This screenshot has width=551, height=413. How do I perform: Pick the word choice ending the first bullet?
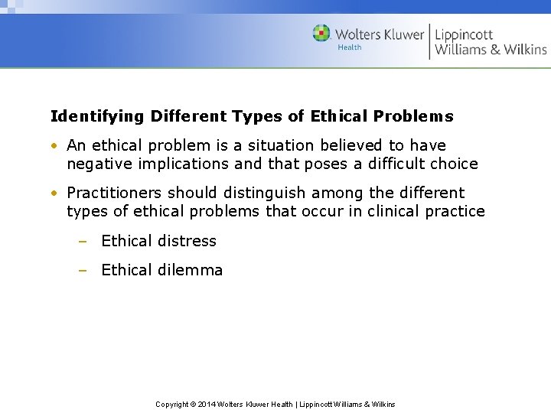[x=452, y=164]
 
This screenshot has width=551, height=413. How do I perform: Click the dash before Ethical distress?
[x=82, y=242]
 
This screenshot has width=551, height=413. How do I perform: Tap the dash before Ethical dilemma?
[x=82, y=271]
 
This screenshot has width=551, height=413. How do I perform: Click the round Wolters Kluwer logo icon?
[x=321, y=34]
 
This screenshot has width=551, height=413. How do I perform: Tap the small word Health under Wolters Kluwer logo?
[x=349, y=47]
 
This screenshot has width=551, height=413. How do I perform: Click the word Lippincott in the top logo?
[x=464, y=34]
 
